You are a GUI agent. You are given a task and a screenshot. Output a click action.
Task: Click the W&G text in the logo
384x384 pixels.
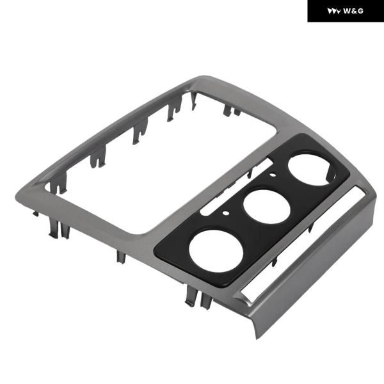tap(353, 11)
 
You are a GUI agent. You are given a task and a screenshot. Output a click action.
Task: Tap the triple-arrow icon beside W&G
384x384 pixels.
tap(334, 11)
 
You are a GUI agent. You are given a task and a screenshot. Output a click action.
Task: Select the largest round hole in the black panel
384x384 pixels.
tap(216, 250)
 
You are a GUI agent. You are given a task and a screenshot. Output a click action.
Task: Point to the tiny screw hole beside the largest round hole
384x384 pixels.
tap(226, 213)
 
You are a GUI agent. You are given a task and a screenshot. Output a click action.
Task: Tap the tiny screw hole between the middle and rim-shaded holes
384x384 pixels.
tap(272, 175)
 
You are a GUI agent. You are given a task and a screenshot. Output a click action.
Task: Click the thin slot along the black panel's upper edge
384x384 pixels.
tap(236, 187)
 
